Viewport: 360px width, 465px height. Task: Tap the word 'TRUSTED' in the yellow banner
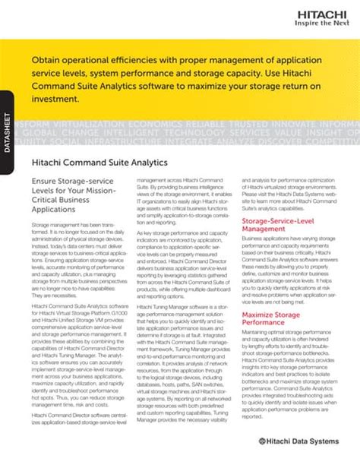[x=256, y=124]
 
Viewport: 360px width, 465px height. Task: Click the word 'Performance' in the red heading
[x=266, y=321]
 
